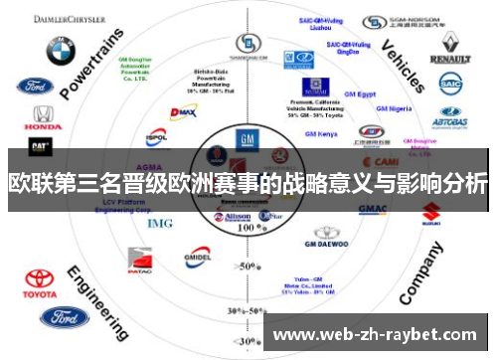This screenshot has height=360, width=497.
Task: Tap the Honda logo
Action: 42,117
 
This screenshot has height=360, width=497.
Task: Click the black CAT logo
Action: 41,146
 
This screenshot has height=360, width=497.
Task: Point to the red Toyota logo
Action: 41,282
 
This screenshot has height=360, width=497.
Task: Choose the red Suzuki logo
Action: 431,211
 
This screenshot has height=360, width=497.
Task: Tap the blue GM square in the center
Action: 246,139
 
